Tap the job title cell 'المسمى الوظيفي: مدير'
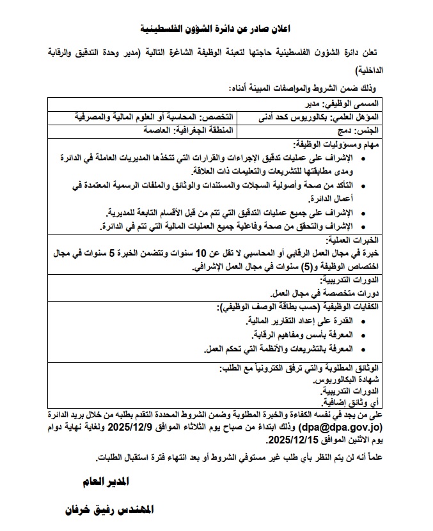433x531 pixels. click(340, 103)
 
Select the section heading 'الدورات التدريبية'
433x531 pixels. click(346, 279)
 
